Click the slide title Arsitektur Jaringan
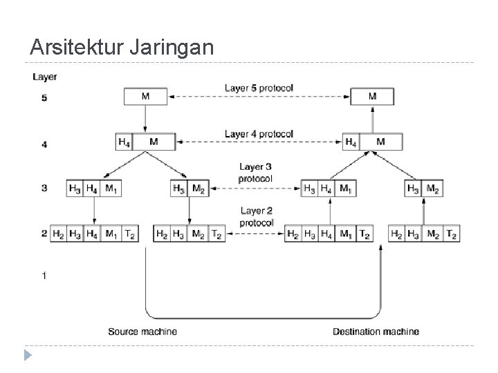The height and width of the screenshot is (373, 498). point(122,47)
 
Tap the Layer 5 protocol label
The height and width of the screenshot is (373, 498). point(259,88)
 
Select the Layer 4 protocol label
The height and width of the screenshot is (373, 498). point(259,133)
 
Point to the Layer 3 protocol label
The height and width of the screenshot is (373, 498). point(256,172)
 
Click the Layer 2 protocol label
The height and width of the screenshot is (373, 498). point(257,216)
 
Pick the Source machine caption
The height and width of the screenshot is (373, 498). point(142,332)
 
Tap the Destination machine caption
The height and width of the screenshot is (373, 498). point(376,332)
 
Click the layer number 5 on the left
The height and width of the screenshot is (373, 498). point(44,98)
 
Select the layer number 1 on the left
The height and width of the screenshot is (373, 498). point(44,276)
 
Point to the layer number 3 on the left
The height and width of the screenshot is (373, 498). point(44,188)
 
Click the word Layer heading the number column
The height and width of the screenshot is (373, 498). point(45,77)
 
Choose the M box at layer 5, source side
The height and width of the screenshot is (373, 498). point(145,96)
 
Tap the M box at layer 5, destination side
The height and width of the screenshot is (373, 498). point(373,96)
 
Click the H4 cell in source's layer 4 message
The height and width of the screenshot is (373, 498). point(124,142)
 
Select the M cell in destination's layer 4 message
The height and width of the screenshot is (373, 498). point(381,142)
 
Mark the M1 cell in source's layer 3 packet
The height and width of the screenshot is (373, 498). point(111,189)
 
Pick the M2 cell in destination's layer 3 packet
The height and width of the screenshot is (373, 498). point(432,189)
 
